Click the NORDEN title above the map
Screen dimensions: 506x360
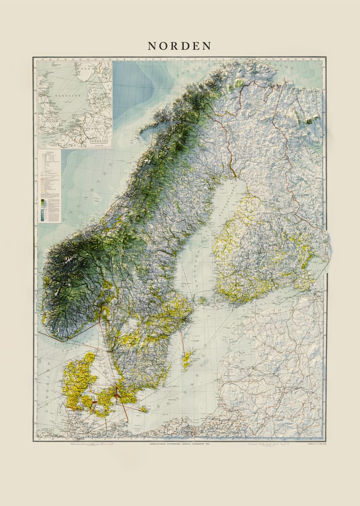tap(180, 45)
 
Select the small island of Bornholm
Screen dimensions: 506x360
tap(144, 408)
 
